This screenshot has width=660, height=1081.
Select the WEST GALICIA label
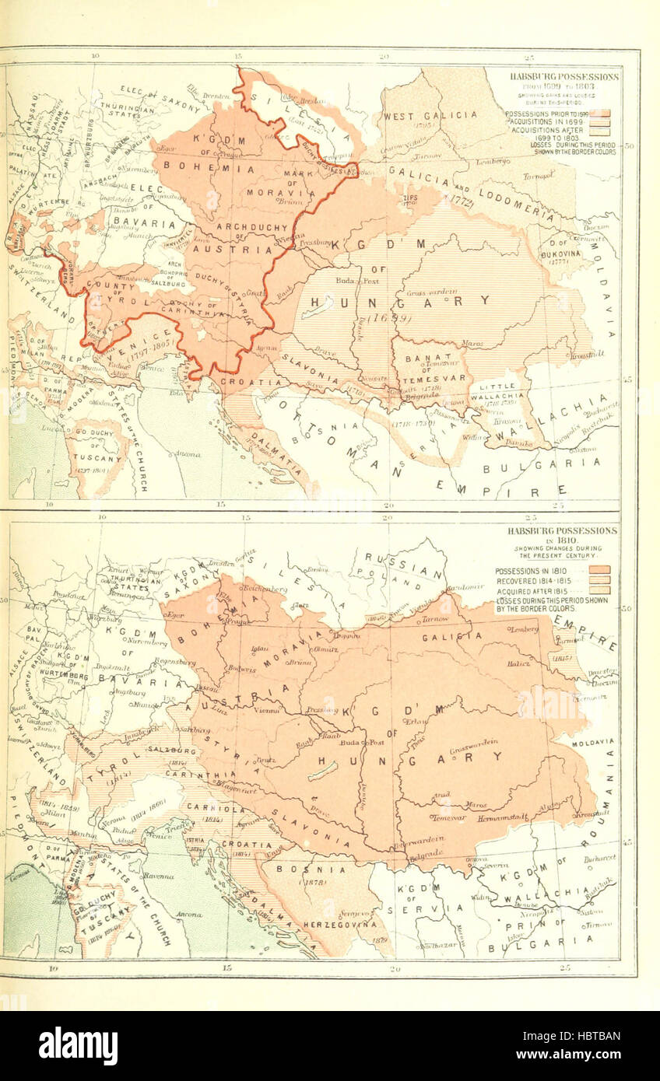pos(429,116)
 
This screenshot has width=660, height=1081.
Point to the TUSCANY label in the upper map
pos(97,458)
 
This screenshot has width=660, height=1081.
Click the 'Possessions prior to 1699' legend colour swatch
pos(599,114)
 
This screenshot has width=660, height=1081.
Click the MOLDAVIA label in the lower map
pos(593,743)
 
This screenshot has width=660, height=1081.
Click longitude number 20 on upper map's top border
pos(384,57)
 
